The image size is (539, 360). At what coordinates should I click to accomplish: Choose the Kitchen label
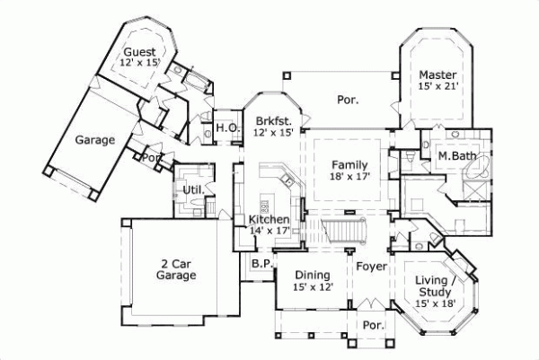pos(268,220)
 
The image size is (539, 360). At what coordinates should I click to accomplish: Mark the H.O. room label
pos(225,129)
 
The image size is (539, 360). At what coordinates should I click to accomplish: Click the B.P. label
pos(261,264)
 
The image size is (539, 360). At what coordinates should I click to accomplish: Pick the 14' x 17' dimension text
pos(268,232)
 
